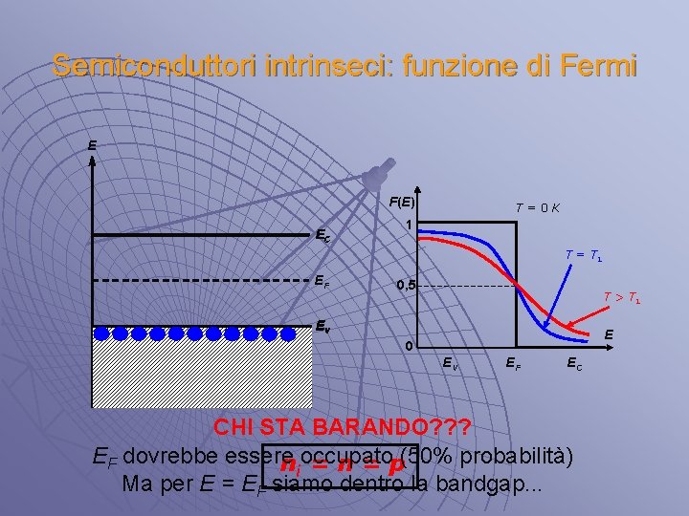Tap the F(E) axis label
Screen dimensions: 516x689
(x=402, y=202)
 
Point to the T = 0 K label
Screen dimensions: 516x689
(x=537, y=207)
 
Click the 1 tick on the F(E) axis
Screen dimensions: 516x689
(x=409, y=226)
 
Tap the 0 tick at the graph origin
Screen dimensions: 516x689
(x=409, y=345)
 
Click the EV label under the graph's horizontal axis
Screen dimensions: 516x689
(x=449, y=362)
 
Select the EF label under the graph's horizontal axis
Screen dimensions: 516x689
(x=514, y=362)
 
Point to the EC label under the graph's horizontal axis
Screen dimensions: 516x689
(x=571, y=362)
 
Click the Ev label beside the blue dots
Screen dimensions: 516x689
(x=325, y=324)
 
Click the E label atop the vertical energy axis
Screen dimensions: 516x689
(x=92, y=146)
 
